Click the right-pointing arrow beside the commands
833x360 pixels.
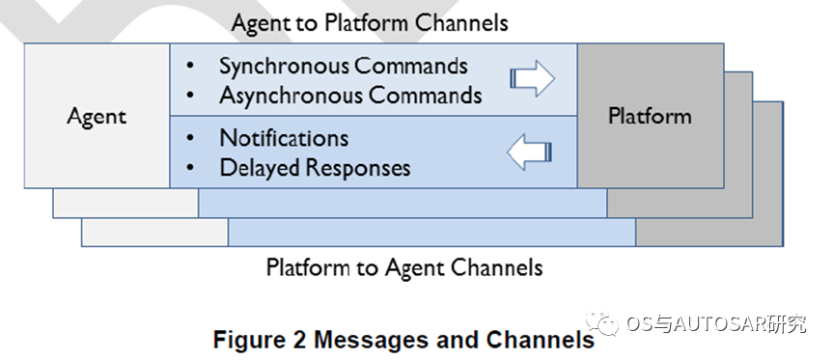tap(532, 78)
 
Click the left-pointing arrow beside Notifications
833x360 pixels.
tap(530, 152)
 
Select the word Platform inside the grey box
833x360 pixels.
tap(651, 116)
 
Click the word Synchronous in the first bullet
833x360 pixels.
tap(284, 67)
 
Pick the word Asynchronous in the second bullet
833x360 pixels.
tap(292, 96)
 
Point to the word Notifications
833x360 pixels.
tap(284, 138)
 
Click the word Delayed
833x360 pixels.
tap(261, 168)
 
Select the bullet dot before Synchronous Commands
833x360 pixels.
tap(189, 67)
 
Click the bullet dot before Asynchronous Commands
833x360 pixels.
tap(189, 97)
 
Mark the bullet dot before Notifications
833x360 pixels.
tap(189, 139)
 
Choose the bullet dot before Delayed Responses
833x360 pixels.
tap(189, 168)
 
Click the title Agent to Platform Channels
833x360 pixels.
tap(370, 23)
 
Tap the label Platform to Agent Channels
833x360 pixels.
tap(404, 267)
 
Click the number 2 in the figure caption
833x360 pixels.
tap(298, 340)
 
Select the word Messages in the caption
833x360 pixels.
tap(371, 341)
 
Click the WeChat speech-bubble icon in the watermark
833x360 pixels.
tap(602, 322)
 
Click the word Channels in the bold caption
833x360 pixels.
tap(541, 340)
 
